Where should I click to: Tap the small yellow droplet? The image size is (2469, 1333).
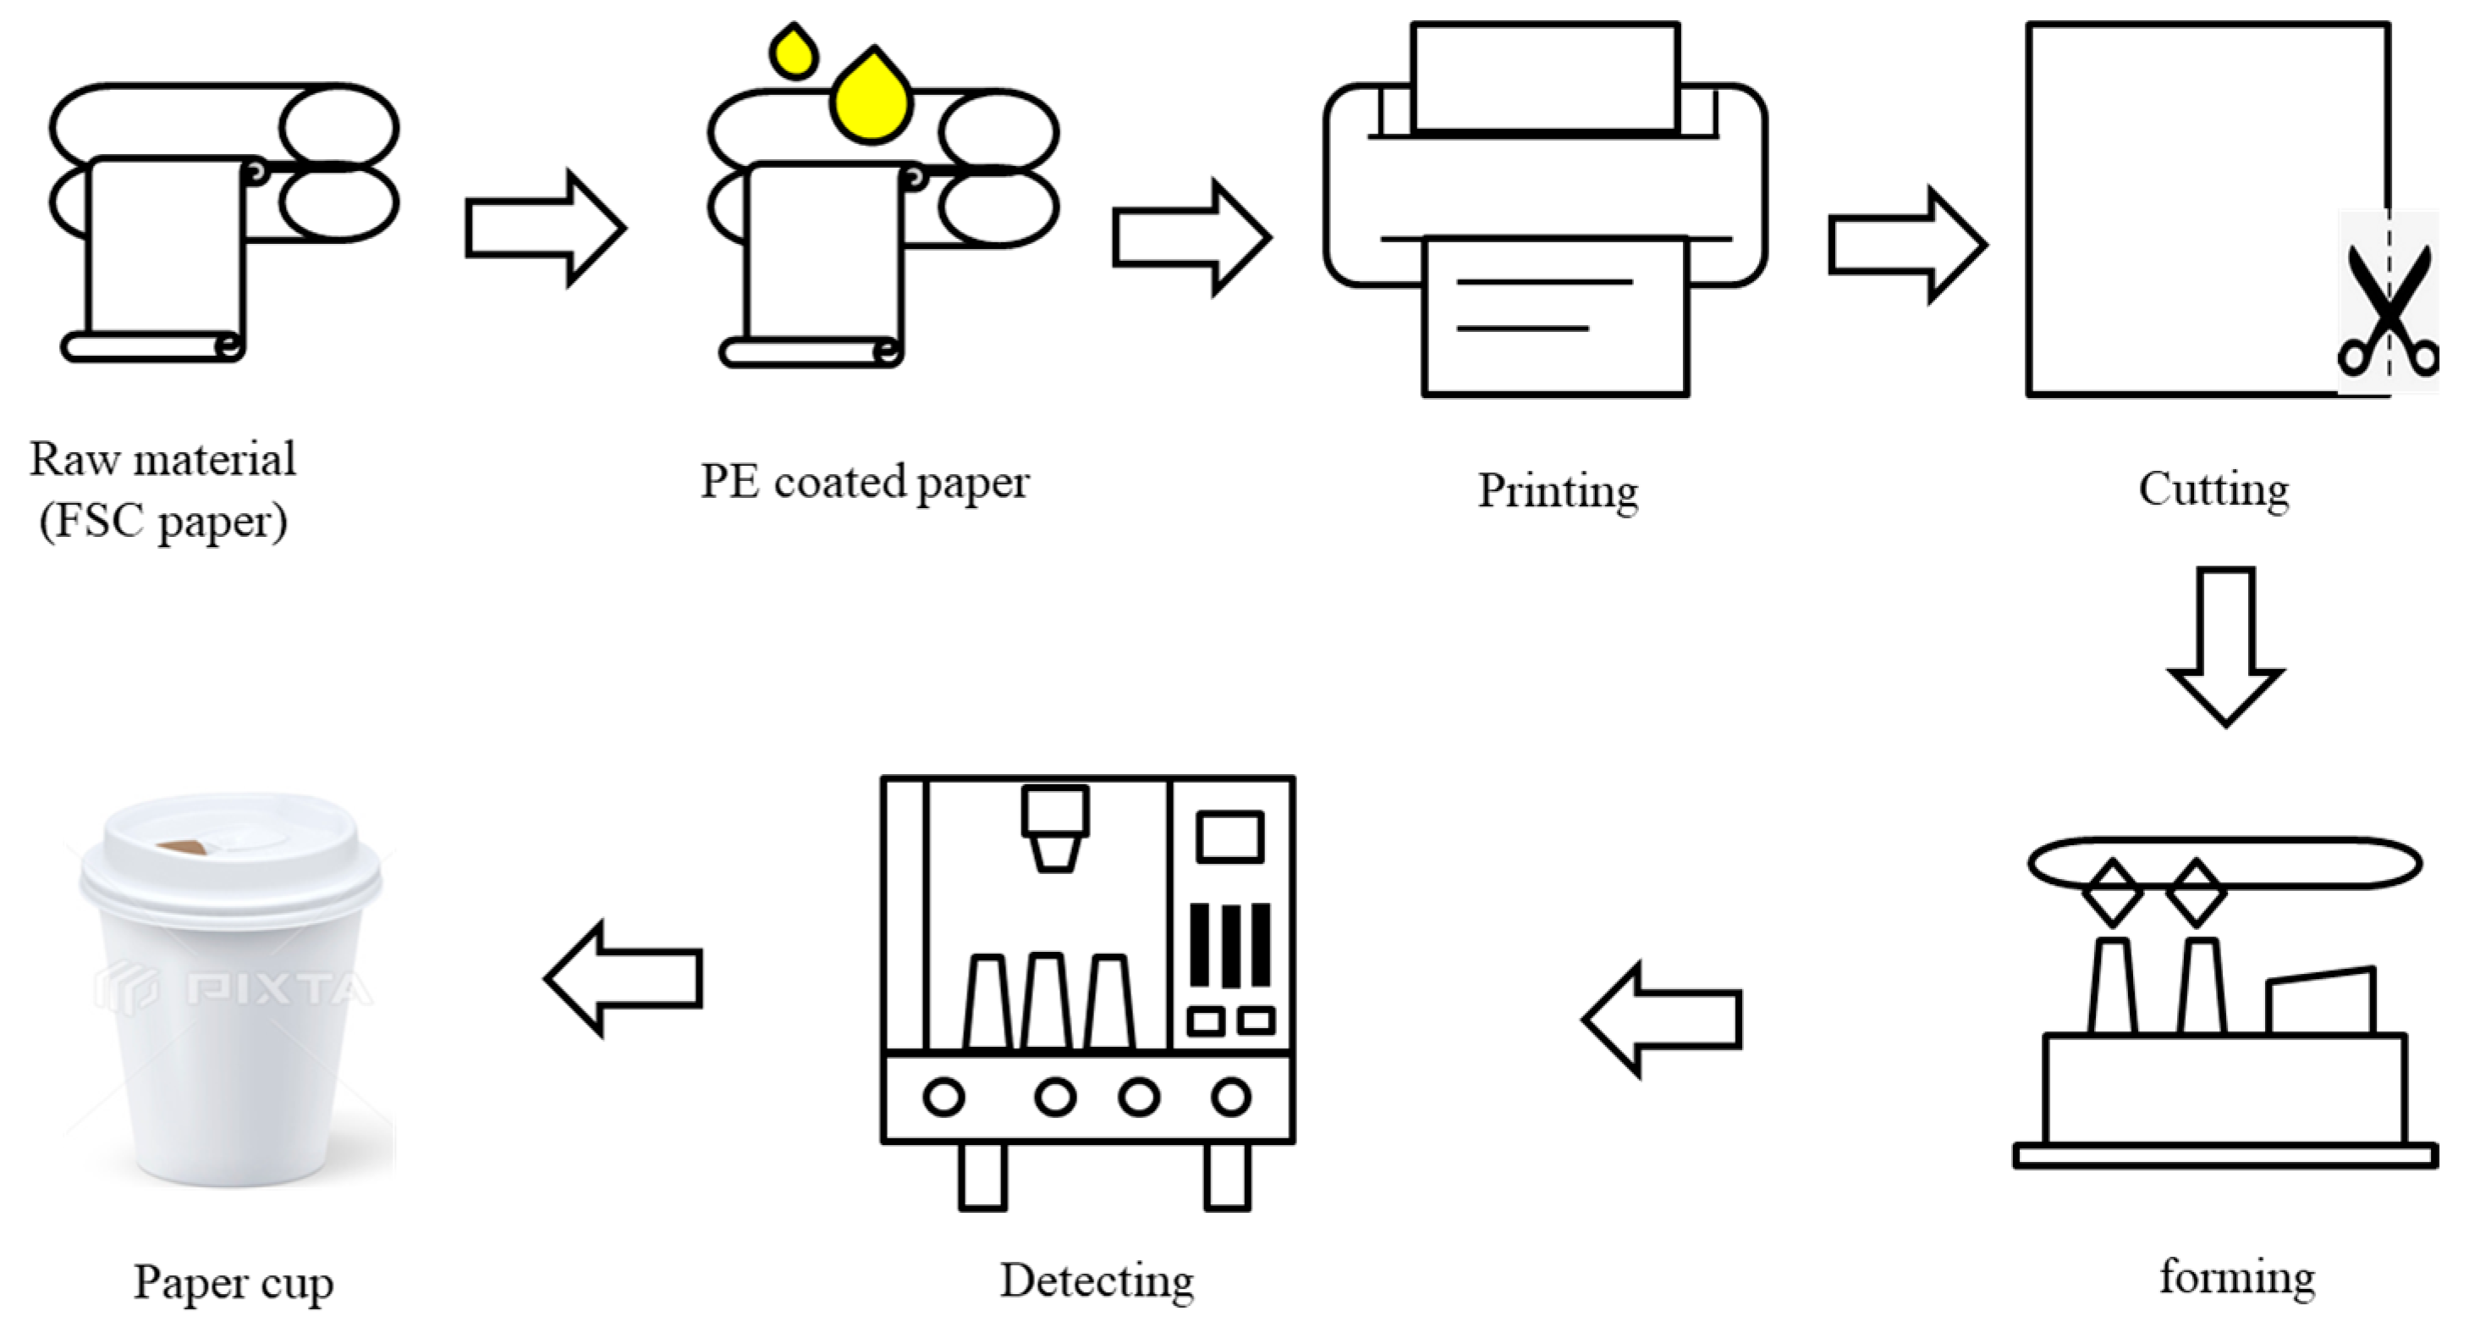pos(794,53)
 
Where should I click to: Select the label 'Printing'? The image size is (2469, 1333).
pos(1558,491)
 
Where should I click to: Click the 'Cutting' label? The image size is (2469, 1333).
pos(2213,490)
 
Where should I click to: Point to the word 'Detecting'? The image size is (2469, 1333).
pos(1097,1281)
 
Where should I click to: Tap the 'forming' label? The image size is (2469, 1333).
pos(2237,1277)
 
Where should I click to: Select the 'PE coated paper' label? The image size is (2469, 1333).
pos(865,483)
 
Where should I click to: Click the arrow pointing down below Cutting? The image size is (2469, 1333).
pos(2224,646)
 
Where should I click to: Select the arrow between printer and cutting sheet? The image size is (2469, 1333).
pos(1907,246)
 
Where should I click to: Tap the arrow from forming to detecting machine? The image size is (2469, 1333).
pos(1661,1019)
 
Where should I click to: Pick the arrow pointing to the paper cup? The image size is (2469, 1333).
pos(623,978)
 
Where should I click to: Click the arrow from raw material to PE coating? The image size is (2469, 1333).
pos(546,227)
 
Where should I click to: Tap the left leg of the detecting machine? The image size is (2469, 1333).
pos(982,1175)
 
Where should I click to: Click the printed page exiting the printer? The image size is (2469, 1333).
pos(1554,316)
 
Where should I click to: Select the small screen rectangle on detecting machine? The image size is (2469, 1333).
pos(1229,836)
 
